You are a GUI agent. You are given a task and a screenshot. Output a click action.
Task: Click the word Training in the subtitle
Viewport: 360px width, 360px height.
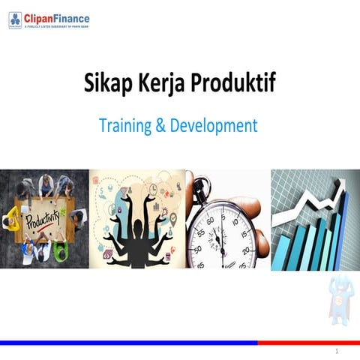(125, 125)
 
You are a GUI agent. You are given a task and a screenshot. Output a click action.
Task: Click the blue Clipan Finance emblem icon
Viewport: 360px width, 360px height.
(15, 20)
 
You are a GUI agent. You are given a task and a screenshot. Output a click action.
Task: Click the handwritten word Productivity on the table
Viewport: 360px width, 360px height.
(43, 220)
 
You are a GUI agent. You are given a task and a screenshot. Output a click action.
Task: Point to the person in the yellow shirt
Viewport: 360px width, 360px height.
(13, 217)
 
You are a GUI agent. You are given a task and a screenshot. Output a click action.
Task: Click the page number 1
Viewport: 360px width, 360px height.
(337, 351)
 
